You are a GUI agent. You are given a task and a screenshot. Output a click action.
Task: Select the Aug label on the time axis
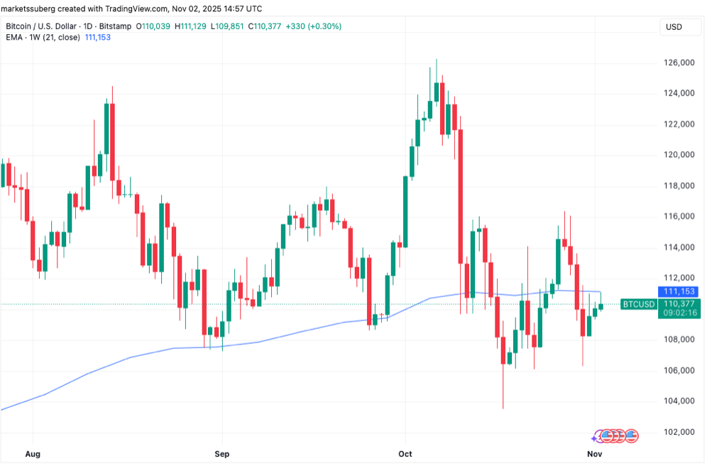(33, 453)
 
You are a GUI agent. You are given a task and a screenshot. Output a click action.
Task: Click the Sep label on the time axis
(222, 453)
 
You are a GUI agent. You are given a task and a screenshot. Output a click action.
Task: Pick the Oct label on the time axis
(405, 453)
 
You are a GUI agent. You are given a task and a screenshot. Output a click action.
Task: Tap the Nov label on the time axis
(595, 453)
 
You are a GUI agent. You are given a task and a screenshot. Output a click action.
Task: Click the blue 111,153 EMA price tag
(679, 292)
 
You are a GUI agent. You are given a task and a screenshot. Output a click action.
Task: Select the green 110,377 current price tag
(679, 303)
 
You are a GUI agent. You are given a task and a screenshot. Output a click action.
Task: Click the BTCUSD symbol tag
(638, 304)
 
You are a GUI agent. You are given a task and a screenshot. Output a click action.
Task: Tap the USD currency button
(673, 26)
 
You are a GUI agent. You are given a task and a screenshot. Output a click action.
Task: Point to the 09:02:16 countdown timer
(679, 313)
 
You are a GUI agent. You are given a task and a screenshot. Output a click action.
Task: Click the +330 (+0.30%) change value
(312, 26)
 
